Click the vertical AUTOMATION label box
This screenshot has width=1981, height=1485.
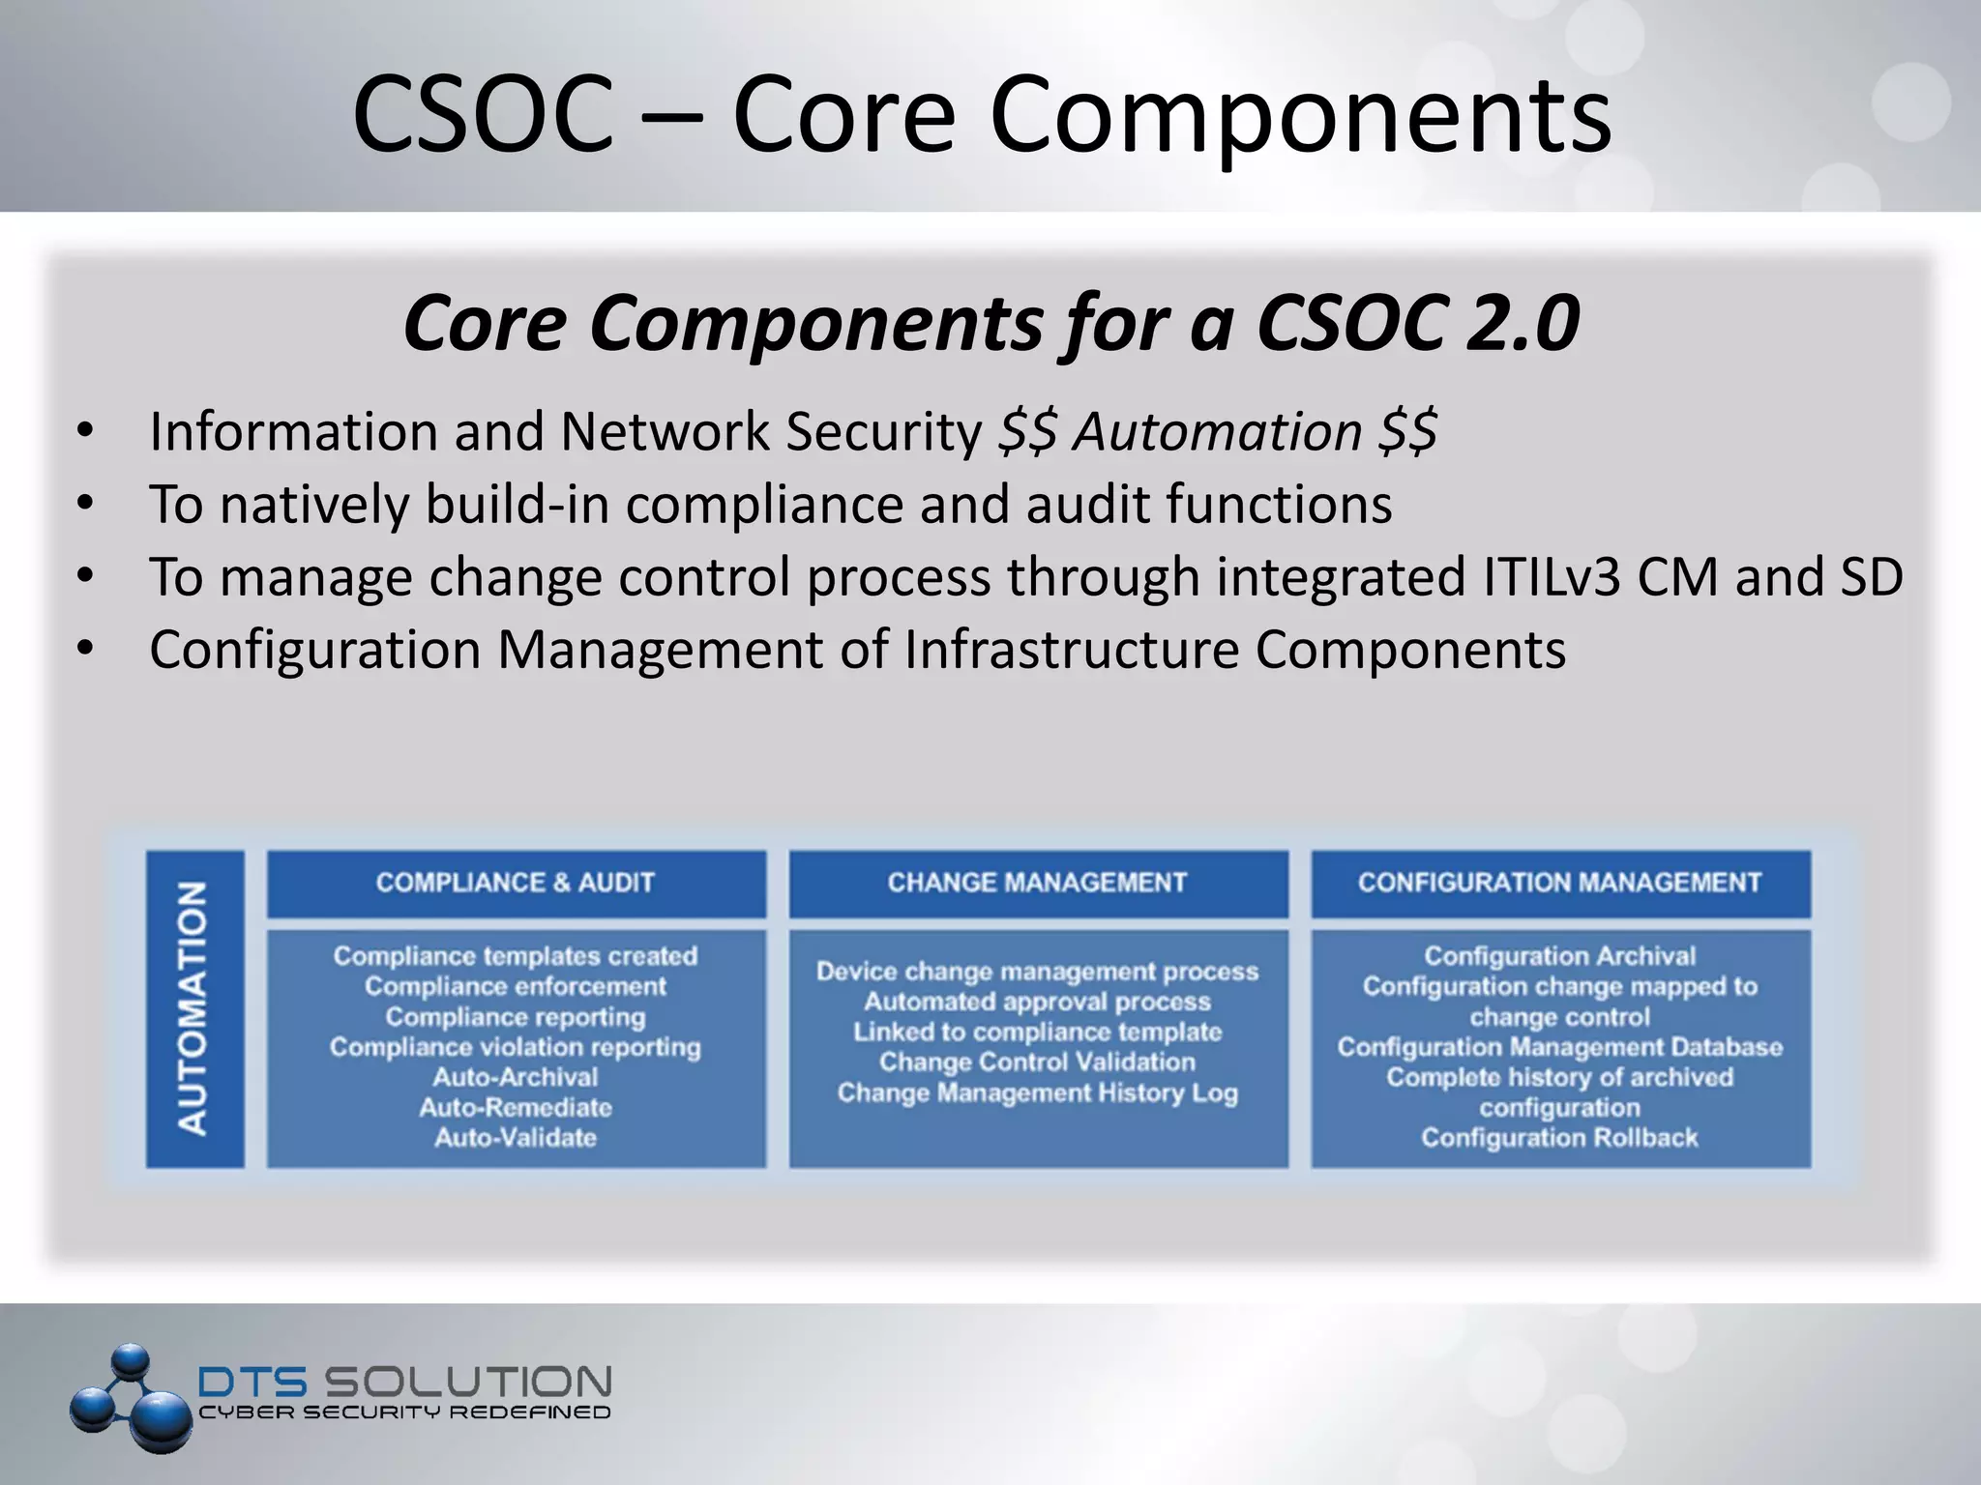pyautogui.click(x=194, y=1008)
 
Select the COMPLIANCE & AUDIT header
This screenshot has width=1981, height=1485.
pyautogui.click(x=516, y=883)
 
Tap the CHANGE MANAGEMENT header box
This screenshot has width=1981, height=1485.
pyautogui.click(x=1038, y=883)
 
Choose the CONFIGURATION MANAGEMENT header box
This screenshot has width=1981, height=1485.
pyautogui.click(x=1560, y=883)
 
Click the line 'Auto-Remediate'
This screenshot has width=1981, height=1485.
pyautogui.click(x=516, y=1107)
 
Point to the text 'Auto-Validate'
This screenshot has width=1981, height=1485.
pyautogui.click(x=516, y=1137)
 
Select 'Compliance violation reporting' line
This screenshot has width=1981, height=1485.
pyautogui.click(x=516, y=1047)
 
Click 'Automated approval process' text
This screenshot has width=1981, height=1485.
pyautogui.click(x=1038, y=1002)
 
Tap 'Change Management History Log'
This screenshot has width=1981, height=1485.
pyautogui.click(x=1038, y=1092)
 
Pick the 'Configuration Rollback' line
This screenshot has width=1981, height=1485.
pyautogui.click(x=1559, y=1137)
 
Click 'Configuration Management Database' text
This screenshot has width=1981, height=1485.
pyautogui.click(x=1559, y=1047)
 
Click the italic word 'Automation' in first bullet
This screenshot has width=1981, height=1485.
pyautogui.click(x=1218, y=431)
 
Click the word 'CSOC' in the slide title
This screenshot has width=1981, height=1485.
pyautogui.click(x=483, y=114)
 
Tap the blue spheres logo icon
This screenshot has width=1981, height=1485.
pyautogui.click(x=131, y=1397)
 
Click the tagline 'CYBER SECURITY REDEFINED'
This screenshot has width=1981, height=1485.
pyautogui.click(x=404, y=1412)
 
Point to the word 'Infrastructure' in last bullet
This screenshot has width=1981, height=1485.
pyautogui.click(x=1072, y=650)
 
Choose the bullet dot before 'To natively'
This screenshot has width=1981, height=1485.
pyautogui.click(x=85, y=503)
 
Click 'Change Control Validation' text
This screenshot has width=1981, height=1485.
pyautogui.click(x=1038, y=1062)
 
